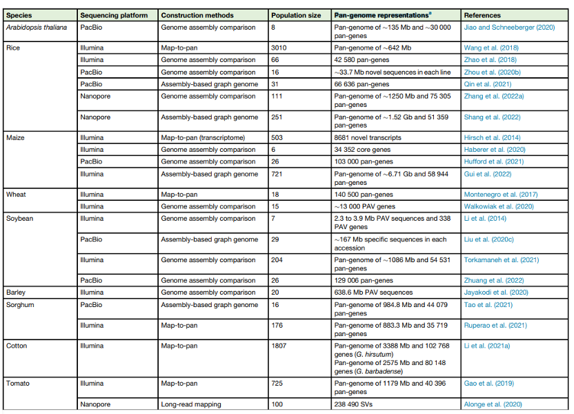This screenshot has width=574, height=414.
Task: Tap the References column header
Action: coord(482,15)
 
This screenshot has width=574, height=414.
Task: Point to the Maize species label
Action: coord(15,138)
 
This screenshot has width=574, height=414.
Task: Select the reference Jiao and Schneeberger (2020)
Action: coord(509,28)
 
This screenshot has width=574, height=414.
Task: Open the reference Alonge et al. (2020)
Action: coord(493,404)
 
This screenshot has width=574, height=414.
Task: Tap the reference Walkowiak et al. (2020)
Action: coord(500,206)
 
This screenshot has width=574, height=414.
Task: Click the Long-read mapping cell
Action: coord(190,404)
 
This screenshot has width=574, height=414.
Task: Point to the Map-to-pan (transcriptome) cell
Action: coord(201,138)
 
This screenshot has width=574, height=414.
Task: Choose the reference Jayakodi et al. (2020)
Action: coord(496,293)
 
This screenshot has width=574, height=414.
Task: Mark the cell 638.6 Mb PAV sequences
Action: coord(375,293)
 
